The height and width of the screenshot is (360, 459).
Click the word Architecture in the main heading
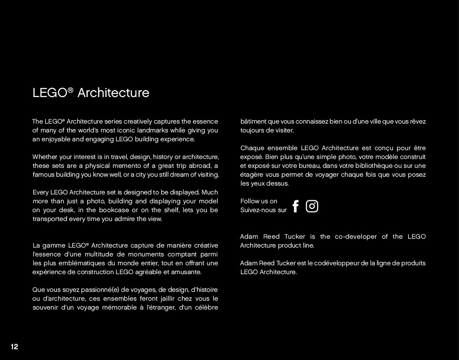(113, 93)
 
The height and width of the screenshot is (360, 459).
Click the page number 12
(14, 347)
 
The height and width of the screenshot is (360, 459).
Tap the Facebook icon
(296, 206)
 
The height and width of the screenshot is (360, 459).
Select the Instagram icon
(312, 206)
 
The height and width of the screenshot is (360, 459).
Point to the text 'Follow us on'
(259, 201)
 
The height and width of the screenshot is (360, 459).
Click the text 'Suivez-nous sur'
(263, 210)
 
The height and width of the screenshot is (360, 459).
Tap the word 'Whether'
(44, 157)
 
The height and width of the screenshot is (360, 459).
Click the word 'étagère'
(251, 174)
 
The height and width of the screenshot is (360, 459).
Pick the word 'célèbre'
(206, 307)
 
